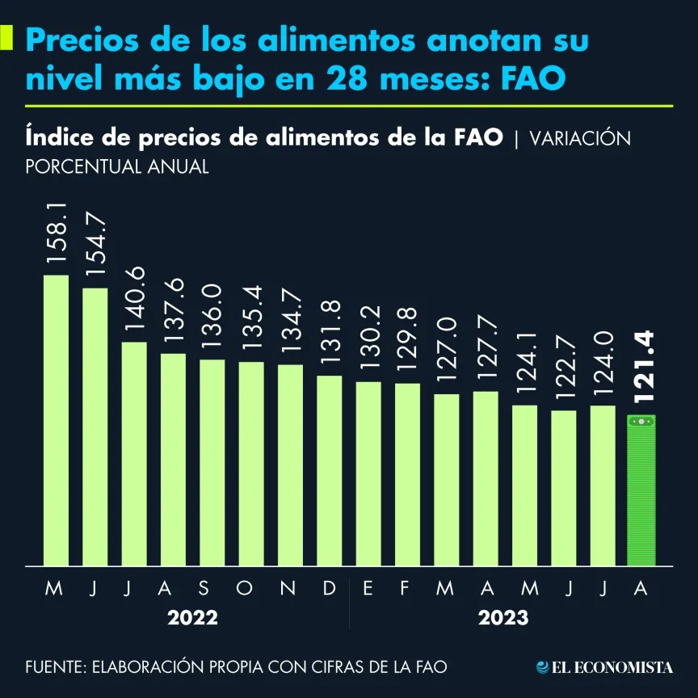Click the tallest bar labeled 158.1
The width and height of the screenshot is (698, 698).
click(55, 420)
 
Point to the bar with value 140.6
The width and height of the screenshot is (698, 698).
click(133, 453)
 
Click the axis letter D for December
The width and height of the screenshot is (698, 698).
click(329, 589)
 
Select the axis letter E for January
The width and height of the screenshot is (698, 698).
click(368, 589)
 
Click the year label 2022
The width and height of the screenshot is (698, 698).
click(192, 619)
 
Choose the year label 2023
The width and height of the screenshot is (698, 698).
click(502, 619)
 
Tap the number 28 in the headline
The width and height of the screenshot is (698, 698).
click(350, 79)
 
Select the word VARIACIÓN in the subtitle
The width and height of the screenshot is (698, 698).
click(579, 137)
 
